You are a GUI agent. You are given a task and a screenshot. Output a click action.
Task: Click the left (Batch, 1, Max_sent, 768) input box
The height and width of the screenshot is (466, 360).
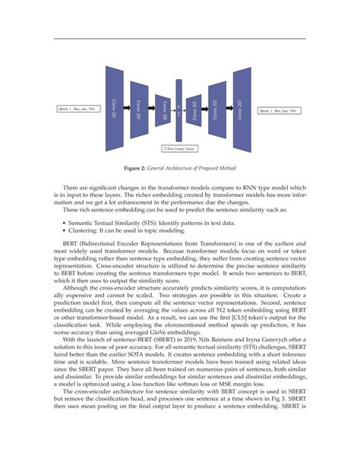point(76,110)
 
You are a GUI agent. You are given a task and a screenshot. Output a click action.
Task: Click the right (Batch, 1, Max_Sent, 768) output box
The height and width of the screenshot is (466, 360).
point(279,111)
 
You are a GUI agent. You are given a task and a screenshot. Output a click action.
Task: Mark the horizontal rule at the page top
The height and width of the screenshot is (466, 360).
point(179,38)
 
